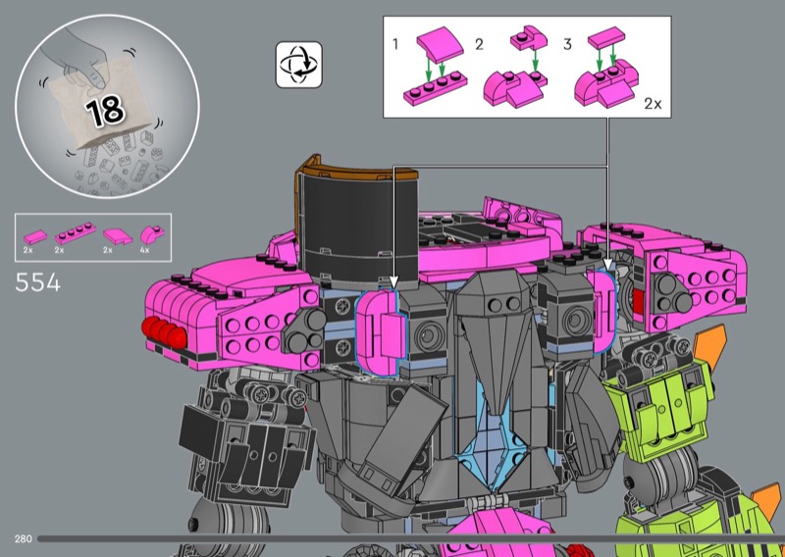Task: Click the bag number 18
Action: click(105, 110)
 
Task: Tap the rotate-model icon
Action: click(299, 65)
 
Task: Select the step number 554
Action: click(38, 282)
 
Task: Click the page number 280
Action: click(23, 539)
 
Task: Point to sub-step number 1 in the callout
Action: click(395, 44)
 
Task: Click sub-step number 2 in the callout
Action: click(479, 44)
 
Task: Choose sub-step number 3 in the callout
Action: click(567, 44)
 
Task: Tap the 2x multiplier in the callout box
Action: click(653, 104)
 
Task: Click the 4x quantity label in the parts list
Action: click(144, 250)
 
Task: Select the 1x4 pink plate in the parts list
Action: click(76, 232)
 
